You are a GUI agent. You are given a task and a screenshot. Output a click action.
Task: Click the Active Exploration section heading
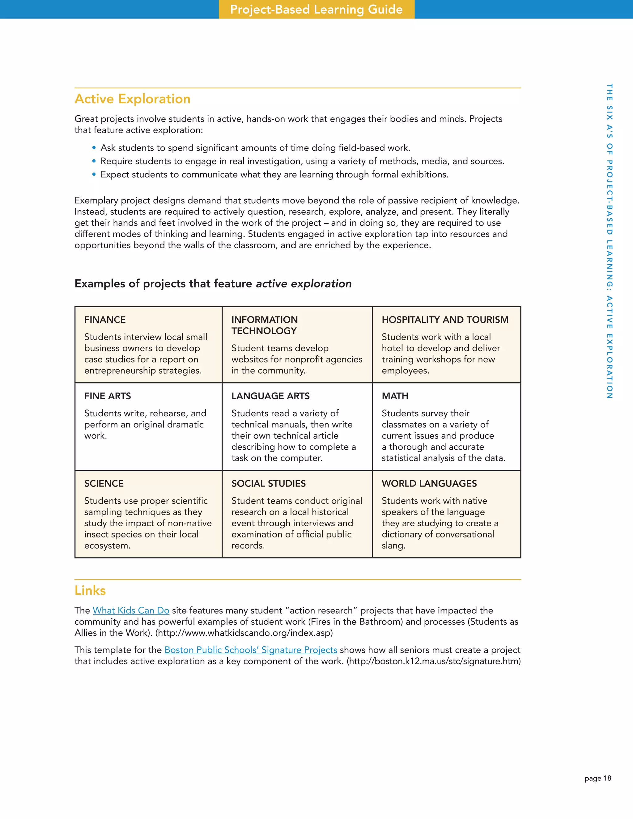coord(132,99)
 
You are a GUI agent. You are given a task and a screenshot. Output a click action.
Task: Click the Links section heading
coord(90,590)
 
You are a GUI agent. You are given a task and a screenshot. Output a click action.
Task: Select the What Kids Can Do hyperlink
coord(131,610)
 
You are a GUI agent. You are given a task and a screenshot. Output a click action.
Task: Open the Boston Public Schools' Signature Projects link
coord(250,650)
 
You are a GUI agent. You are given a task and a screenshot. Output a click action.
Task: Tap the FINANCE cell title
coord(105,320)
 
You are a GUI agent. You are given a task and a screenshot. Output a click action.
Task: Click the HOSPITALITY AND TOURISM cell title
coord(445,320)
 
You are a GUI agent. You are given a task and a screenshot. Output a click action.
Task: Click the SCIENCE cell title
coord(104,483)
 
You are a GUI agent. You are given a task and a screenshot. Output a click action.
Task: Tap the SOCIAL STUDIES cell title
coord(269,483)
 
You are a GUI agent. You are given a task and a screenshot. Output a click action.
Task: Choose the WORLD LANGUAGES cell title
coord(429,483)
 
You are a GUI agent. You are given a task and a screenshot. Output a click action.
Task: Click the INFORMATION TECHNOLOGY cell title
coord(264,325)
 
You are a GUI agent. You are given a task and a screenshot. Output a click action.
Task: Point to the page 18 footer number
coord(598,778)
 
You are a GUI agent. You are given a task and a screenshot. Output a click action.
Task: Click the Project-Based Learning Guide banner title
coord(316,9)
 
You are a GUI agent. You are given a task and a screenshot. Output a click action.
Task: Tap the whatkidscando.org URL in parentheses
coord(244,633)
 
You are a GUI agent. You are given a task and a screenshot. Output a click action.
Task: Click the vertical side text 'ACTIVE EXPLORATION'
coord(610,347)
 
